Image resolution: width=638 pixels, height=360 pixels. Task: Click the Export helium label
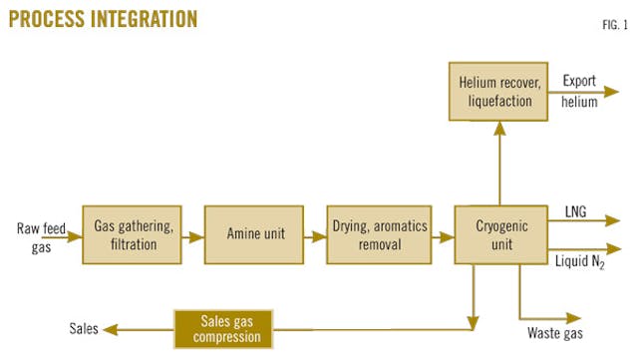point(579,91)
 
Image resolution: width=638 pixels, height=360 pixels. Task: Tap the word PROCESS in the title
point(45,18)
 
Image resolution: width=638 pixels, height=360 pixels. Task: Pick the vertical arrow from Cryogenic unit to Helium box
point(500,160)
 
